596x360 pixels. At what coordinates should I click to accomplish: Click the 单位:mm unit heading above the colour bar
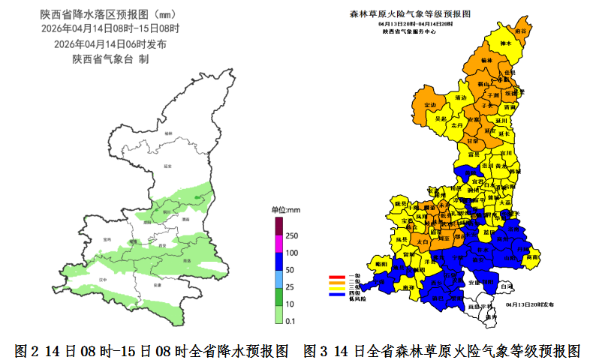pyautogui.click(x=285, y=209)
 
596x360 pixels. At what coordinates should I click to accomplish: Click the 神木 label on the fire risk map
pyautogui.click(x=505, y=44)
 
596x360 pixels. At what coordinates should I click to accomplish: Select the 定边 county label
pyautogui.click(x=430, y=104)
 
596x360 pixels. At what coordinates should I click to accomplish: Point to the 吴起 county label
pyautogui.click(x=441, y=118)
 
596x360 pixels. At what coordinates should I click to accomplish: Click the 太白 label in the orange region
pyautogui.click(x=421, y=242)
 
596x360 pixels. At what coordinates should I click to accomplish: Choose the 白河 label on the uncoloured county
pyautogui.click(x=507, y=286)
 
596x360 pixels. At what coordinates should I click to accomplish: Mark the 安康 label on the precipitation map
pyautogui.click(x=156, y=286)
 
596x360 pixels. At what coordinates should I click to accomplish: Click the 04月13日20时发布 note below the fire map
pyautogui.click(x=530, y=305)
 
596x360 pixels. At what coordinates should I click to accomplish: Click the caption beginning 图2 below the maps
pyautogui.click(x=152, y=350)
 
